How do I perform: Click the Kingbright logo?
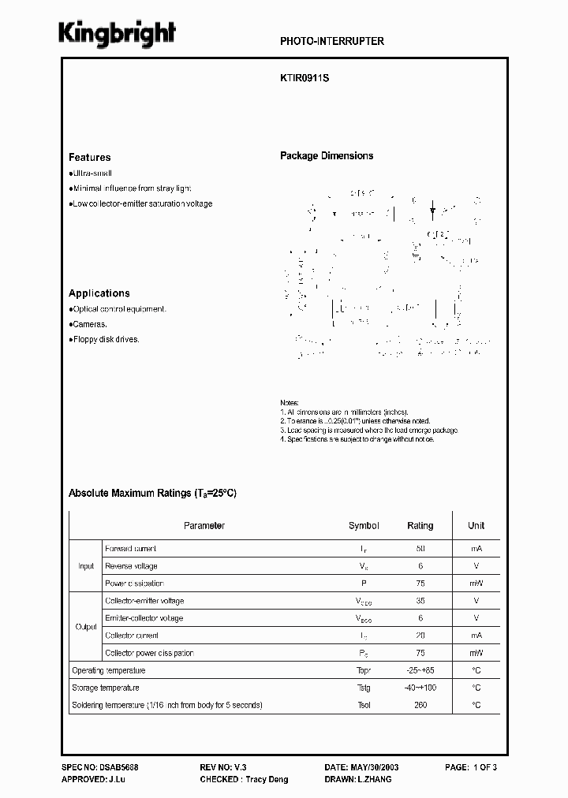(x=118, y=34)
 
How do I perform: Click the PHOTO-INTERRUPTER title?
(x=332, y=41)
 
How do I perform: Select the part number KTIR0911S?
(x=303, y=80)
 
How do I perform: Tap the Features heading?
(x=90, y=157)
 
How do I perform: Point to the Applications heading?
(x=99, y=293)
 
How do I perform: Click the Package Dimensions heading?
(x=327, y=156)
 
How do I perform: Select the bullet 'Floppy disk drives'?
(x=106, y=339)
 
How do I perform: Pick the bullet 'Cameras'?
(x=89, y=324)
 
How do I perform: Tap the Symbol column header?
(x=364, y=526)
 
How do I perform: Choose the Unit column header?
(x=476, y=526)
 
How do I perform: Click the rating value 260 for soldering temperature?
(x=420, y=705)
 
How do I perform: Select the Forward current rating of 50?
(x=420, y=549)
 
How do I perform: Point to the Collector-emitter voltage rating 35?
(x=420, y=601)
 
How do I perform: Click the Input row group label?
(x=86, y=566)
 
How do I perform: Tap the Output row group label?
(x=86, y=627)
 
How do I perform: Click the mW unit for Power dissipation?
(x=476, y=584)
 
